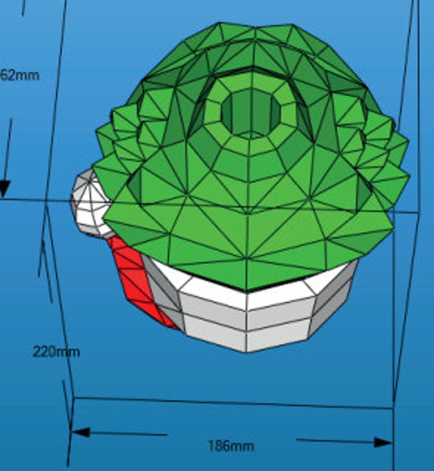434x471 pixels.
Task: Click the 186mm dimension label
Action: [231, 445]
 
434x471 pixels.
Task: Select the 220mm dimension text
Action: [56, 351]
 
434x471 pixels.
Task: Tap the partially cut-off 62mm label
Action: [20, 75]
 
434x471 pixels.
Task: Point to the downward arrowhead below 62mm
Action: [4, 189]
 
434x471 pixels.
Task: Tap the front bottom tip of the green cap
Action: [247, 290]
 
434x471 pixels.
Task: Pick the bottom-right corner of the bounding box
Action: [393, 408]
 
